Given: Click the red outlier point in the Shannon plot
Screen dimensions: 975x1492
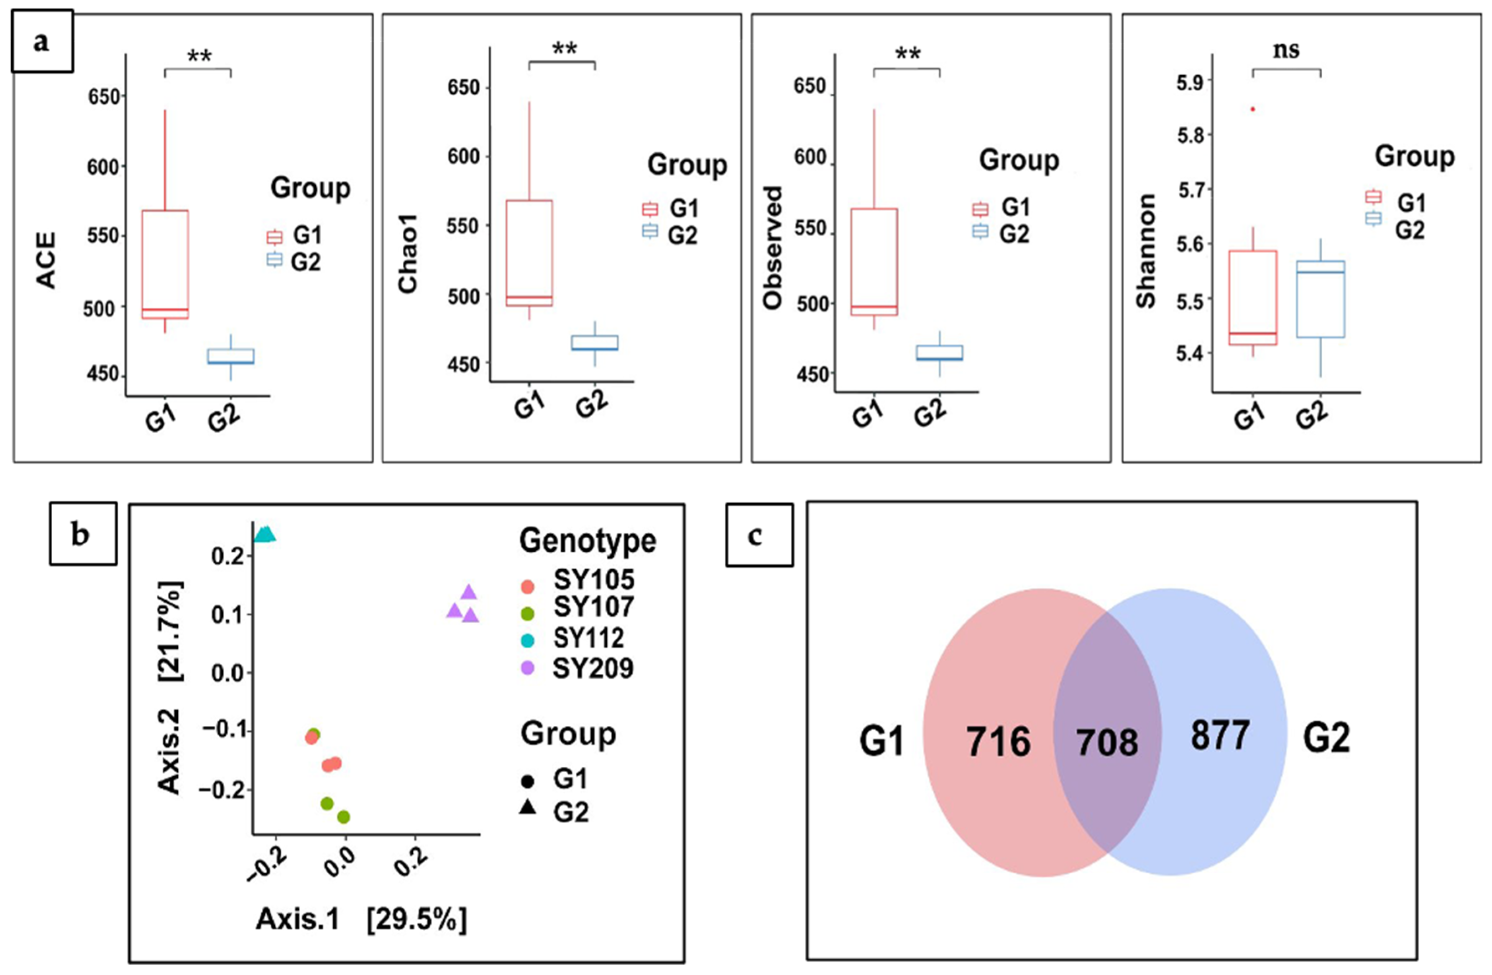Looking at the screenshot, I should pos(1252,109).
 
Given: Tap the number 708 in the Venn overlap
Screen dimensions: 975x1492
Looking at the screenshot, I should pos(1107,743).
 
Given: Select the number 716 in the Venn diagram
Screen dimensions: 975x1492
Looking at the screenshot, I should pos(998,742).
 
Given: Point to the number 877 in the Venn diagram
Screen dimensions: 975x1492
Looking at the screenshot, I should pos(1220,735).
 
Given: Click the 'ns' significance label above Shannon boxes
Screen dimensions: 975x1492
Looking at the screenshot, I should pos(1286,50).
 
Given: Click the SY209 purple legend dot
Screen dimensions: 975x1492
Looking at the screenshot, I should pos(528,668).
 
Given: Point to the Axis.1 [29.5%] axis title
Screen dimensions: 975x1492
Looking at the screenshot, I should pos(361,920).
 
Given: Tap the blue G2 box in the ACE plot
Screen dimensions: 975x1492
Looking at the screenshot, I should pos(231,356).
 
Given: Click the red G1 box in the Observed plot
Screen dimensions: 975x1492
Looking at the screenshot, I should pos(874,261).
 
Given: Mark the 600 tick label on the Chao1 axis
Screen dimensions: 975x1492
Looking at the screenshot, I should pos(463,157).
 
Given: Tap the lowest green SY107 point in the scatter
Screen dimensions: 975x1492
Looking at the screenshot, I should pos(344,817).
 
